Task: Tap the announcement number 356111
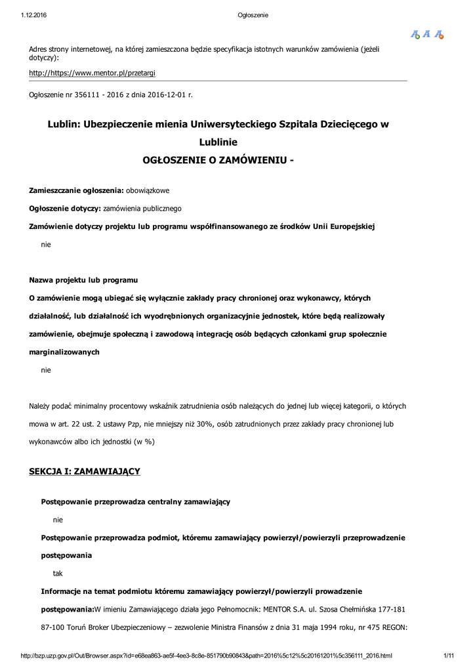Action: point(84,94)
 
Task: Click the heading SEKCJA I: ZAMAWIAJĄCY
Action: point(85,471)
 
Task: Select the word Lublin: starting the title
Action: point(64,123)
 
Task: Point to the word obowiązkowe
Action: point(148,190)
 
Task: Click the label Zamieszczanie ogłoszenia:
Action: point(76,190)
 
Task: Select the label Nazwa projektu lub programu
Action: point(83,280)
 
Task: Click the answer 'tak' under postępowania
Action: point(58,573)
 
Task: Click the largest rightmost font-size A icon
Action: point(440,34)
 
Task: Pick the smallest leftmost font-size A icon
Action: point(415,34)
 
